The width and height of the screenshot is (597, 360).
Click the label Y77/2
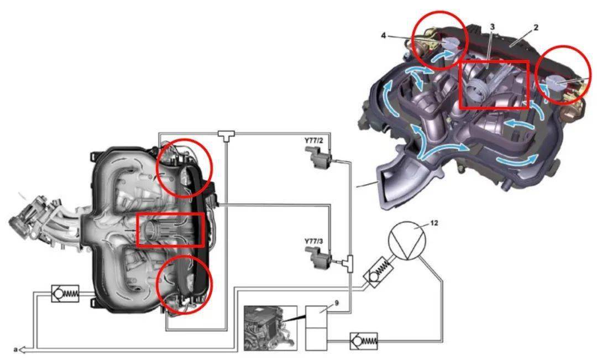tap(313, 140)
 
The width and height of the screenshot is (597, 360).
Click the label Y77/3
tap(313, 242)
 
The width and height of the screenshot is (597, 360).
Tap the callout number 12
tap(434, 223)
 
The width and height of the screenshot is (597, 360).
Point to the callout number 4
tap(383, 35)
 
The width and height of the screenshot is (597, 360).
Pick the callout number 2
tap(536, 28)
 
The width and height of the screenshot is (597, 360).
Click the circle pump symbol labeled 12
tap(407, 240)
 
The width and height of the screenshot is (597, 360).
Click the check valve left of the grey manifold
tap(65, 293)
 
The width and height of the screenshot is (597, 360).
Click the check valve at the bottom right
tap(364, 341)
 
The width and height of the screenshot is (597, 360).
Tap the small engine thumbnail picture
tap(270, 328)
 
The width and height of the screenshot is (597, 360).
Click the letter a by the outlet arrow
tap(15, 349)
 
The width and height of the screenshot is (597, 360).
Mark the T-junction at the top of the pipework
tap(226, 135)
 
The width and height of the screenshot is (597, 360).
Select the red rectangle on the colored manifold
tap(494, 85)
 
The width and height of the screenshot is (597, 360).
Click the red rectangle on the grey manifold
tap(170, 229)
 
